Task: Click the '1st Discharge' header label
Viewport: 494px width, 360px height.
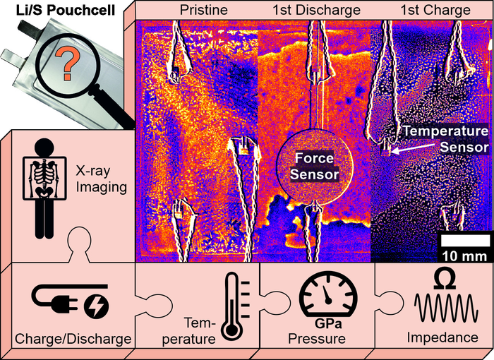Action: [x=316, y=11]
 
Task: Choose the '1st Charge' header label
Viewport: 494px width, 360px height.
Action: [x=435, y=11]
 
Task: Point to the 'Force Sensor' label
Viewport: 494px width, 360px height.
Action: [x=314, y=166]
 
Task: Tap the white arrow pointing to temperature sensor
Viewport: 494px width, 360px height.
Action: [x=392, y=149]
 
